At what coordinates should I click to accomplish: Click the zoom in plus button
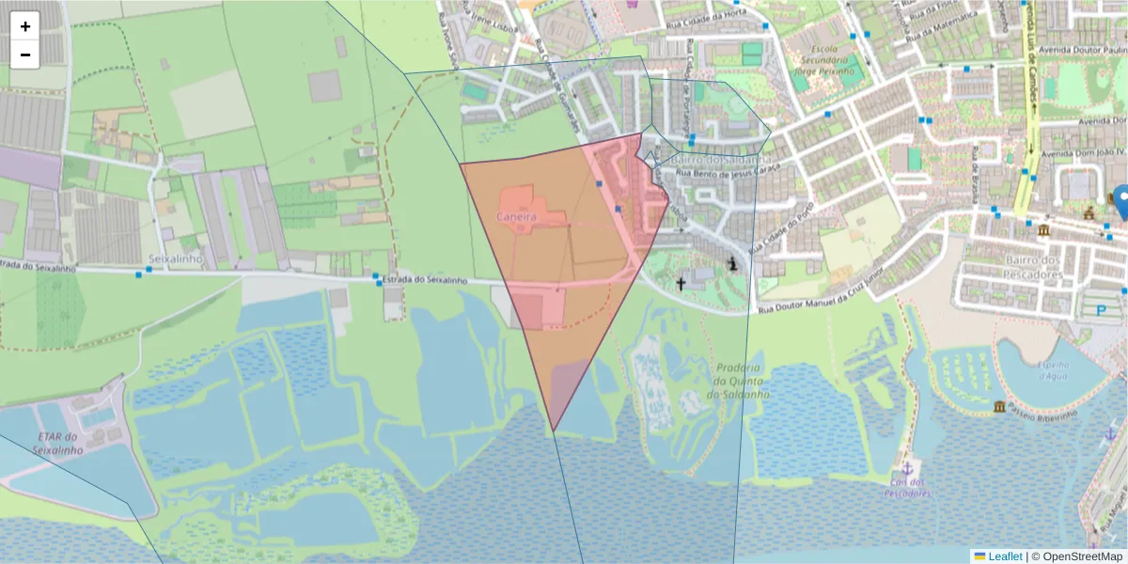(x=25, y=26)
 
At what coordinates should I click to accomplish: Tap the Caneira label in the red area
(x=516, y=217)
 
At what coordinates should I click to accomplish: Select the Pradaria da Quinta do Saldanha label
(x=742, y=382)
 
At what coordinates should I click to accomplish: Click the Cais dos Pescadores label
(x=908, y=488)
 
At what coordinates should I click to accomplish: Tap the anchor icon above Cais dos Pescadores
(x=907, y=467)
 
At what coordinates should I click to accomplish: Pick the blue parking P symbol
(x=1102, y=310)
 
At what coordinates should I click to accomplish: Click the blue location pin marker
(x=1120, y=200)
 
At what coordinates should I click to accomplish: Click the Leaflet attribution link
(x=1005, y=556)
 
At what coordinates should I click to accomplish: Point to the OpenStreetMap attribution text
(x=1079, y=556)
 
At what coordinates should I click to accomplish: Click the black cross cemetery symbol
(x=681, y=282)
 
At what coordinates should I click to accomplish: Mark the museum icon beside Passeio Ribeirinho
(x=998, y=406)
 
